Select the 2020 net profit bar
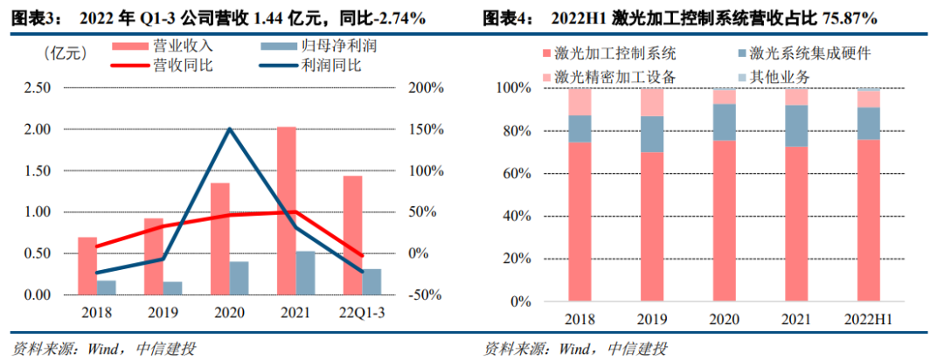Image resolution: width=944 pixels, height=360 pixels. [x=239, y=278]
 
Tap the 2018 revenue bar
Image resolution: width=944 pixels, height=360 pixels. [x=87, y=266]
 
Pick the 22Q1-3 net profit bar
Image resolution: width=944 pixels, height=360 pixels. [x=371, y=282]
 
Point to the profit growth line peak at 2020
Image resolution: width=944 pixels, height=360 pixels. [x=230, y=129]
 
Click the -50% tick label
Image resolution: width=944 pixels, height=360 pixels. [x=426, y=295]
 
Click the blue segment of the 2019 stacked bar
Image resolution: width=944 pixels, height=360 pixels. [x=651, y=134]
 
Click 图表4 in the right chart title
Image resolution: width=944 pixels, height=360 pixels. [x=510, y=17]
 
